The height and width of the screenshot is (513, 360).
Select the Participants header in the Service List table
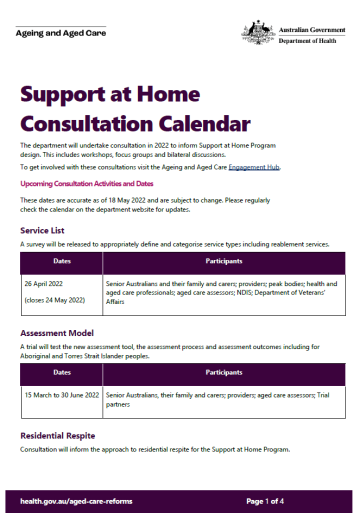tap(223, 262)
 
